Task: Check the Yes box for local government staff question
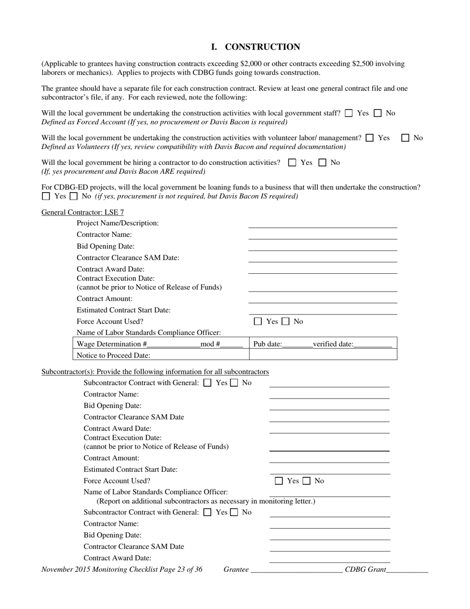pyautogui.click(x=349, y=113)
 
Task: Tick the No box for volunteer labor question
pyautogui.click(x=405, y=138)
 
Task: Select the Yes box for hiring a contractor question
pyautogui.click(x=292, y=163)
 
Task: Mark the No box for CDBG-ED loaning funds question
pyautogui.click(x=74, y=197)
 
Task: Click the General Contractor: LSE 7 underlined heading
pyautogui.click(x=83, y=212)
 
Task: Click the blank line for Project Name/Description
pyautogui.click(x=323, y=224)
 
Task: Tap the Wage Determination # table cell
pyautogui.click(x=160, y=344)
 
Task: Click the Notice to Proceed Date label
pyautogui.click(x=113, y=355)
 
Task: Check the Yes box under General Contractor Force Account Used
pyautogui.click(x=258, y=322)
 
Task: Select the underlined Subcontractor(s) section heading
pyautogui.click(x=155, y=372)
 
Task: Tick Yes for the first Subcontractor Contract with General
pyautogui.click(x=208, y=383)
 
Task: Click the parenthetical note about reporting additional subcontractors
pyautogui.click(x=206, y=501)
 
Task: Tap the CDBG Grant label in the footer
pyautogui.click(x=365, y=570)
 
